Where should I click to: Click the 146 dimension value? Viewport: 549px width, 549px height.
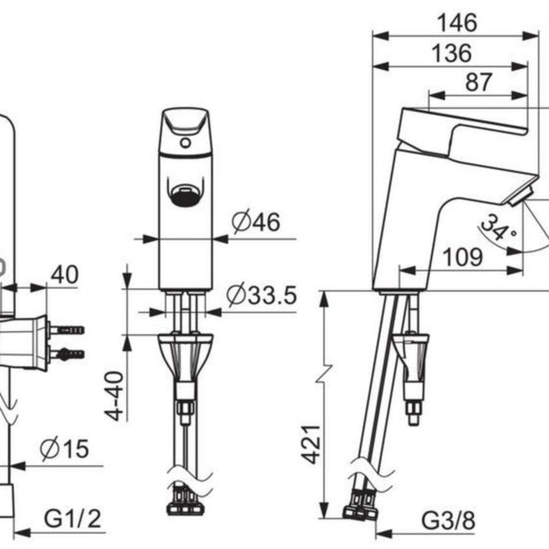click(457, 23)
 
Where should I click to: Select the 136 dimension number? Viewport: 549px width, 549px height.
click(451, 53)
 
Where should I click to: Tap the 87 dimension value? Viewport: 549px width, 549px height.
click(479, 82)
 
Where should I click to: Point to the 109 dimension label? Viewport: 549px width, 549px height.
click(462, 257)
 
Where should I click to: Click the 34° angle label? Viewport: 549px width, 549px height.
click(498, 229)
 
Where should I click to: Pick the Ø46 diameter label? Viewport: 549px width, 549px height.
click(256, 221)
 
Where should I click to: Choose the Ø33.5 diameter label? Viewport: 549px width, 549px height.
click(262, 295)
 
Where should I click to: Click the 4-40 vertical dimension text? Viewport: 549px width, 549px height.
click(114, 395)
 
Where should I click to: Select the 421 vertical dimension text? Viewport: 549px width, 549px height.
click(311, 445)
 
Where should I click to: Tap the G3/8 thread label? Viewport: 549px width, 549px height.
click(448, 521)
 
